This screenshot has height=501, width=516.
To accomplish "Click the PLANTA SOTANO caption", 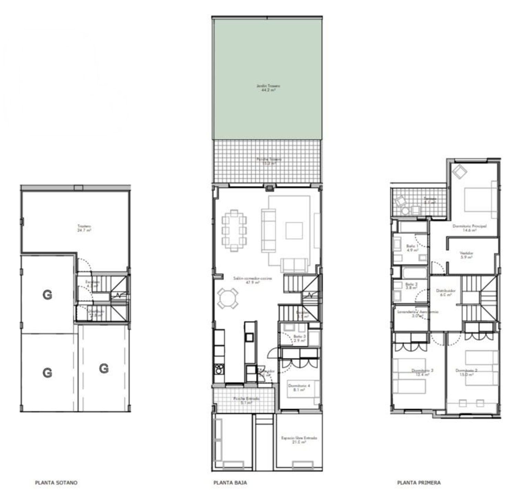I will [x=56, y=482].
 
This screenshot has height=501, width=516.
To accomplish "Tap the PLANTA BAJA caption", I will [x=230, y=482].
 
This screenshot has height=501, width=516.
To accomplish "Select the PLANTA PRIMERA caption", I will [x=419, y=482].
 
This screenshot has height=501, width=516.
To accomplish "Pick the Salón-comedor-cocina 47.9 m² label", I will [x=252, y=280].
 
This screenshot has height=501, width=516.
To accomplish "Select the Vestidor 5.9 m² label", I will [x=466, y=255].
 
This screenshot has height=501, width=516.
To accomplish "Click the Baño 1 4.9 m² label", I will [x=412, y=248].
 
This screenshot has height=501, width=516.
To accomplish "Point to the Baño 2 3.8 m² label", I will [x=411, y=286].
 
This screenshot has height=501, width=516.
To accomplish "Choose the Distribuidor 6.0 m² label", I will [x=445, y=292].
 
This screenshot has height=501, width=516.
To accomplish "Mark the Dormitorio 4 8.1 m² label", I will [x=299, y=388].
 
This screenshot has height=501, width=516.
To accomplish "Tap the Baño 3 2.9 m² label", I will [x=300, y=338].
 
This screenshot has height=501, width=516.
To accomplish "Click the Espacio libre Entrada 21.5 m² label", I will [x=299, y=440].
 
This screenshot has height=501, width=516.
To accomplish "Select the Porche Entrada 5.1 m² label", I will [x=246, y=400].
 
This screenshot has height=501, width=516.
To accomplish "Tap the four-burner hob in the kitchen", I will [x=218, y=369].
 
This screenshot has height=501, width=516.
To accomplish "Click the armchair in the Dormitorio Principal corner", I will [x=459, y=171].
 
